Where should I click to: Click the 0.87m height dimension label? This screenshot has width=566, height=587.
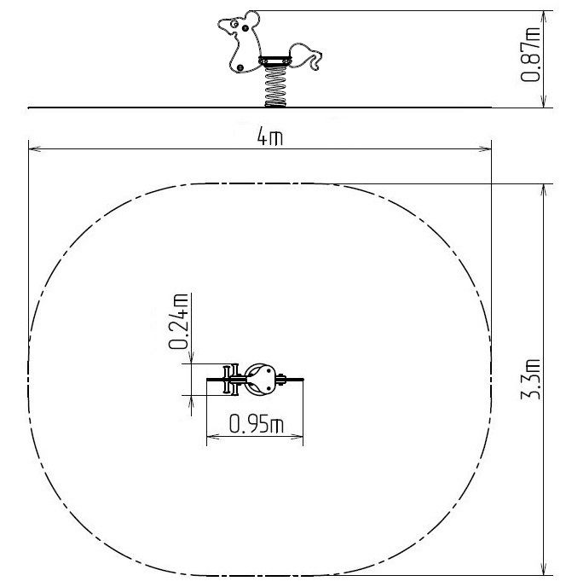(530, 55)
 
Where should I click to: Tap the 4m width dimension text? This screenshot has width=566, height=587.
(269, 136)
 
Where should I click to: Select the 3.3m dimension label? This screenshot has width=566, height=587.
(531, 379)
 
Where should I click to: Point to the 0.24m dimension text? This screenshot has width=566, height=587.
(178, 321)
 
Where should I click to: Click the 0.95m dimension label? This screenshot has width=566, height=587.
(257, 423)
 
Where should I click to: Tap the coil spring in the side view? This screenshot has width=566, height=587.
(275, 86)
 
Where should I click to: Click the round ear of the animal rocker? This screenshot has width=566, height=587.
(251, 19)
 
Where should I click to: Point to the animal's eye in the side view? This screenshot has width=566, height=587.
(234, 24)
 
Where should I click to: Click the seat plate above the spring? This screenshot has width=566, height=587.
(274, 61)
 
